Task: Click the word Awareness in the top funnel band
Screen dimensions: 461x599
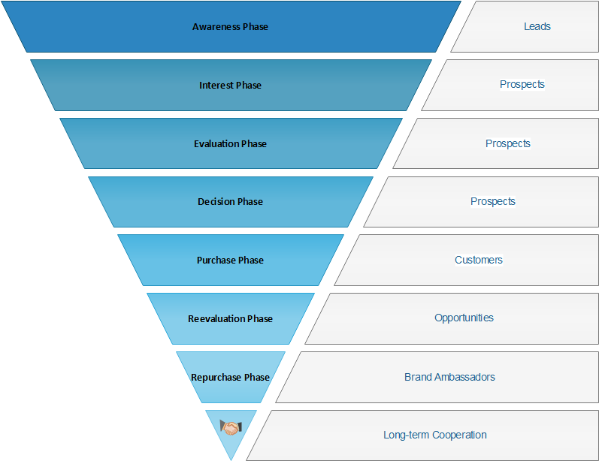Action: click(215, 27)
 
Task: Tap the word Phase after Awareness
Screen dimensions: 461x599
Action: click(254, 27)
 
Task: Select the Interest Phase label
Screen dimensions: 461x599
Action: click(230, 86)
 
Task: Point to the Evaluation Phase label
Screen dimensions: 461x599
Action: click(230, 143)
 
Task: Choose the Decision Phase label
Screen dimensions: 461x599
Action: click(230, 202)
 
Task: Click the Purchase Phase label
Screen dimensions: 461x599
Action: click(230, 261)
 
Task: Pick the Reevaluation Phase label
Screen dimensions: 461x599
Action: click(230, 319)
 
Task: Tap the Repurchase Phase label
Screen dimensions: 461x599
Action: click(230, 377)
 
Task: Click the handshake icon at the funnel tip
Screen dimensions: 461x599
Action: click(230, 428)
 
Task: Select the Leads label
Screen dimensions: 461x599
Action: click(537, 26)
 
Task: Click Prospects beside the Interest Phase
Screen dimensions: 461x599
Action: click(522, 84)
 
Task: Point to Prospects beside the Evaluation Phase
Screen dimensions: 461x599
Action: click(508, 143)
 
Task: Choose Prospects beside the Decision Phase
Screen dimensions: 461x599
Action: click(493, 201)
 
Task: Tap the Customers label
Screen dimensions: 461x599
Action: click(479, 260)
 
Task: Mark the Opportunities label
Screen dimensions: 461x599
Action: click(464, 318)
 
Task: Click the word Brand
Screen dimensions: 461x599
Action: click(418, 377)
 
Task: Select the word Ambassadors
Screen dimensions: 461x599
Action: click(464, 377)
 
